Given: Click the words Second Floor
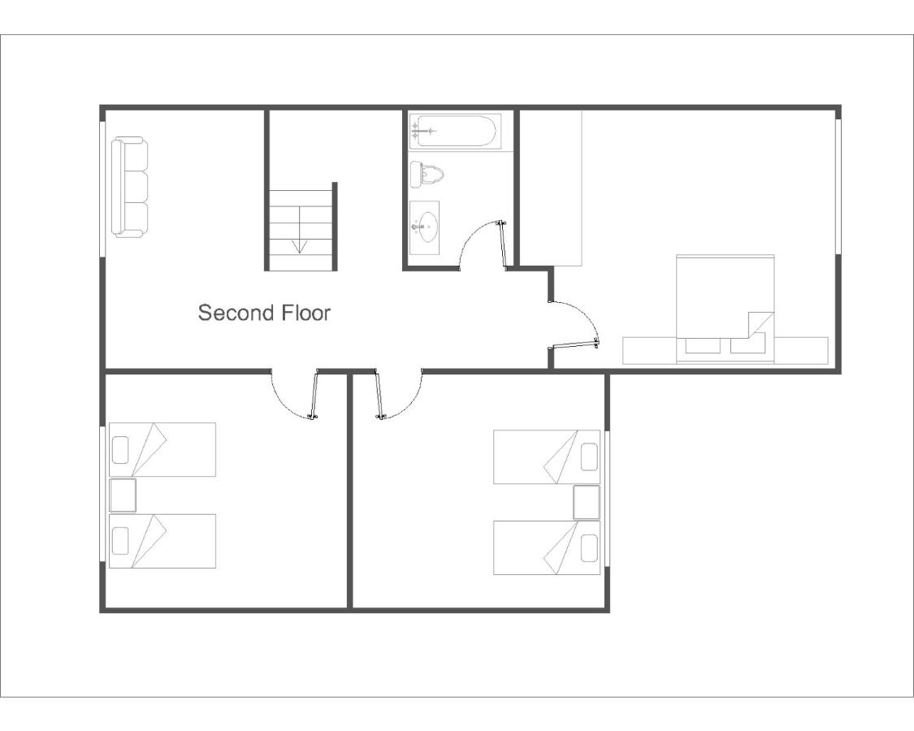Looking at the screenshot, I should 264,313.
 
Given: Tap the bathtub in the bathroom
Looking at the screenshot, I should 454,131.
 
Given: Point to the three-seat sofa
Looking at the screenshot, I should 130,187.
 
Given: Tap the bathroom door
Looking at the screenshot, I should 504,244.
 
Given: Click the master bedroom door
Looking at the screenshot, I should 575,345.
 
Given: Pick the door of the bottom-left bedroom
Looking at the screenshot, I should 314,396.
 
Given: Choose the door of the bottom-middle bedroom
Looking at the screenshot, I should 378,396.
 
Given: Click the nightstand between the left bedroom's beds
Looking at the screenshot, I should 123,495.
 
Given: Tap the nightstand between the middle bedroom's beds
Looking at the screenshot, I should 586,502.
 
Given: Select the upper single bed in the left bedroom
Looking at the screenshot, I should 162,449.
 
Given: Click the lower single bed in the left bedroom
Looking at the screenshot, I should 162,541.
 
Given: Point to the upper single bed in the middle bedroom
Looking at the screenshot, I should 547,456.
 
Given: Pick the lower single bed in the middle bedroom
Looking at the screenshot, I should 547,547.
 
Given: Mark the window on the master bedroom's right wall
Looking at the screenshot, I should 838,187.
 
